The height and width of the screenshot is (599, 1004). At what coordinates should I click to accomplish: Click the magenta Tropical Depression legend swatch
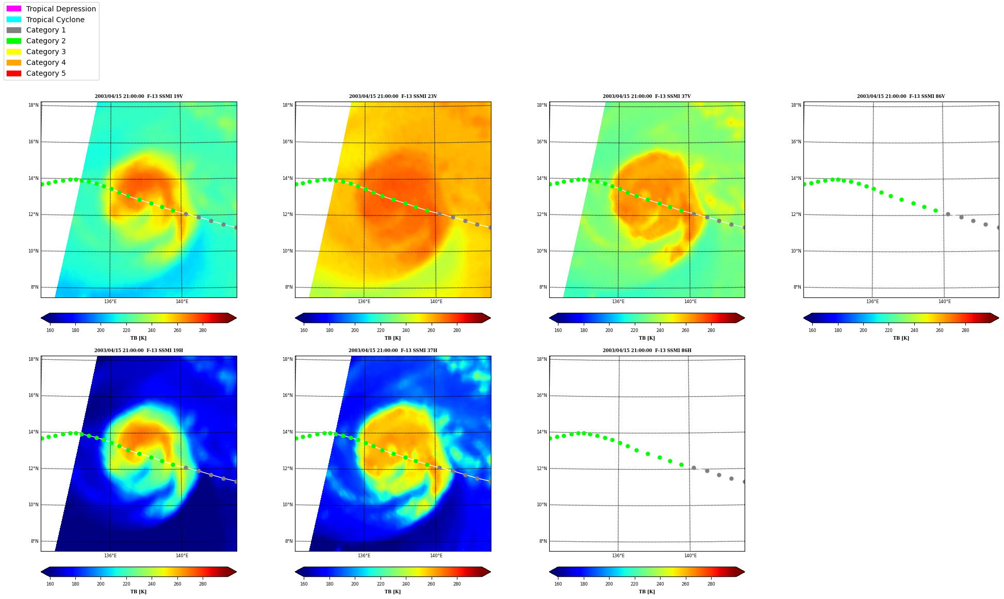click(x=14, y=9)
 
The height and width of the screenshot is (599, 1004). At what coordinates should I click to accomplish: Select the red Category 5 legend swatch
click(x=14, y=73)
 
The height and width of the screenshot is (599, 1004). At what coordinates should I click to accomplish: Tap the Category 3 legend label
click(x=46, y=52)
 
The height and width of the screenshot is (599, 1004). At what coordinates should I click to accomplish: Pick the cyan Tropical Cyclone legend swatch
click(x=14, y=20)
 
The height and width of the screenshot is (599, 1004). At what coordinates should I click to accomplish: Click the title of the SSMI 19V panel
click(x=139, y=96)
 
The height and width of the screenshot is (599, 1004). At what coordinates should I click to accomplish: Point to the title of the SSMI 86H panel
click(x=647, y=351)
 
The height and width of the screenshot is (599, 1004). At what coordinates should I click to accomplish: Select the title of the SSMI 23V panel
click(x=393, y=96)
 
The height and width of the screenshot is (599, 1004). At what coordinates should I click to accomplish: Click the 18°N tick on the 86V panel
click(x=796, y=105)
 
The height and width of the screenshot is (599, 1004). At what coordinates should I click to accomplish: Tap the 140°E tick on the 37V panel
click(x=690, y=302)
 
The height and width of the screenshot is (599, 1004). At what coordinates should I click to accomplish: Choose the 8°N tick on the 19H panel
click(x=35, y=541)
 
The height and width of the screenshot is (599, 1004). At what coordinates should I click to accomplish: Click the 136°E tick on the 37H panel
click(x=364, y=556)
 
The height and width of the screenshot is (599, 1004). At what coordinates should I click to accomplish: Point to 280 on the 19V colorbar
click(x=203, y=330)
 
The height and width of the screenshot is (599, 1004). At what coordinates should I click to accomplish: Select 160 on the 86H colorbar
click(x=558, y=584)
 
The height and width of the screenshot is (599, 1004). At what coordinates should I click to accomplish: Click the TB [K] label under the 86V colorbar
click(x=901, y=338)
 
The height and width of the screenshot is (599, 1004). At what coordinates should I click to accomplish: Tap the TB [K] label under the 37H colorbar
click(x=392, y=592)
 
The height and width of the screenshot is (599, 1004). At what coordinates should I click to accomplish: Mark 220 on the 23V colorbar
click(x=381, y=330)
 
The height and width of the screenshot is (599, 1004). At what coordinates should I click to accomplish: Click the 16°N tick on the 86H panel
click(x=542, y=395)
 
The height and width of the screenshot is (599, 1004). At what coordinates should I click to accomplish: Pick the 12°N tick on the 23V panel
click(x=288, y=214)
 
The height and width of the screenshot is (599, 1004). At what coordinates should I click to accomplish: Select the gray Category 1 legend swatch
click(x=14, y=30)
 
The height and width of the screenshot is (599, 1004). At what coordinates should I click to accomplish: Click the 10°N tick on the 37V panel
click(x=542, y=251)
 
